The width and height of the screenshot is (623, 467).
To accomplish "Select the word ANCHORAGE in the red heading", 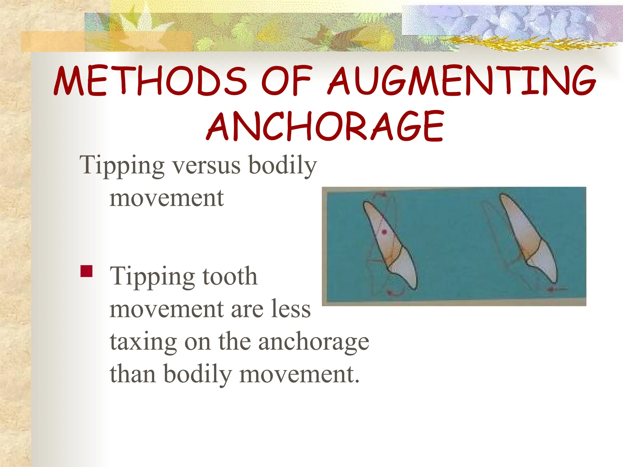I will click(325, 126).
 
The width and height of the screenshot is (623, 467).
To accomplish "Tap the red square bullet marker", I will click(86, 271).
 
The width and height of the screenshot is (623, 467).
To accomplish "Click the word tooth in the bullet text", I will click(230, 276).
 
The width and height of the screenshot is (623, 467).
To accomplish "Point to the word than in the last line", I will click(133, 374).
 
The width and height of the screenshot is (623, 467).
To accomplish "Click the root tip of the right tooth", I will click(503, 198).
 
